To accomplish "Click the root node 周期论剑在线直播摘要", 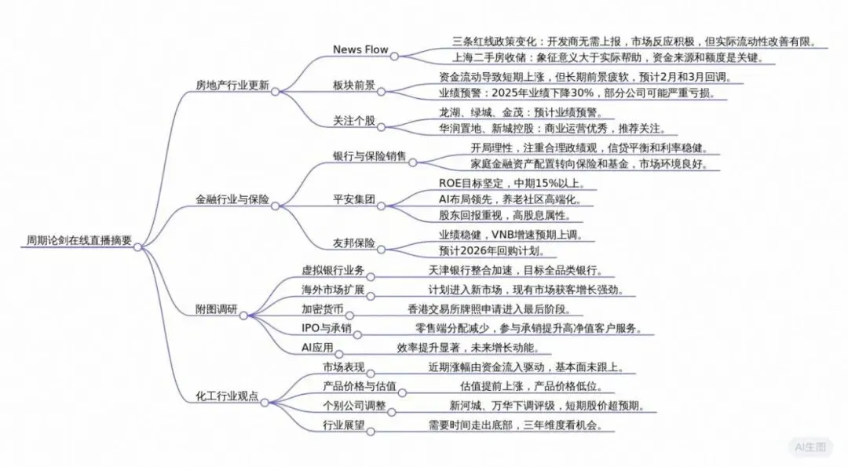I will click(78, 240).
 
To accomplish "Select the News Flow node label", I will click(360, 49).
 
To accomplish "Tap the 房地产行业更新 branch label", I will click(232, 85).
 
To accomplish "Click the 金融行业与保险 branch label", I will click(232, 199).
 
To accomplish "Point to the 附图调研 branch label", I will click(215, 308).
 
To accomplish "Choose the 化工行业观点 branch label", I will click(227, 395).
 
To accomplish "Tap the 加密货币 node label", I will click(322, 308).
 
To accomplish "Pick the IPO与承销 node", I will click(326, 327).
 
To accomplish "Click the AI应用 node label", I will click(318, 347).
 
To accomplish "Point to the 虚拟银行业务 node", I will click(333, 270).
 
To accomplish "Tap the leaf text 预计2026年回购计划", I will click(492, 251).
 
